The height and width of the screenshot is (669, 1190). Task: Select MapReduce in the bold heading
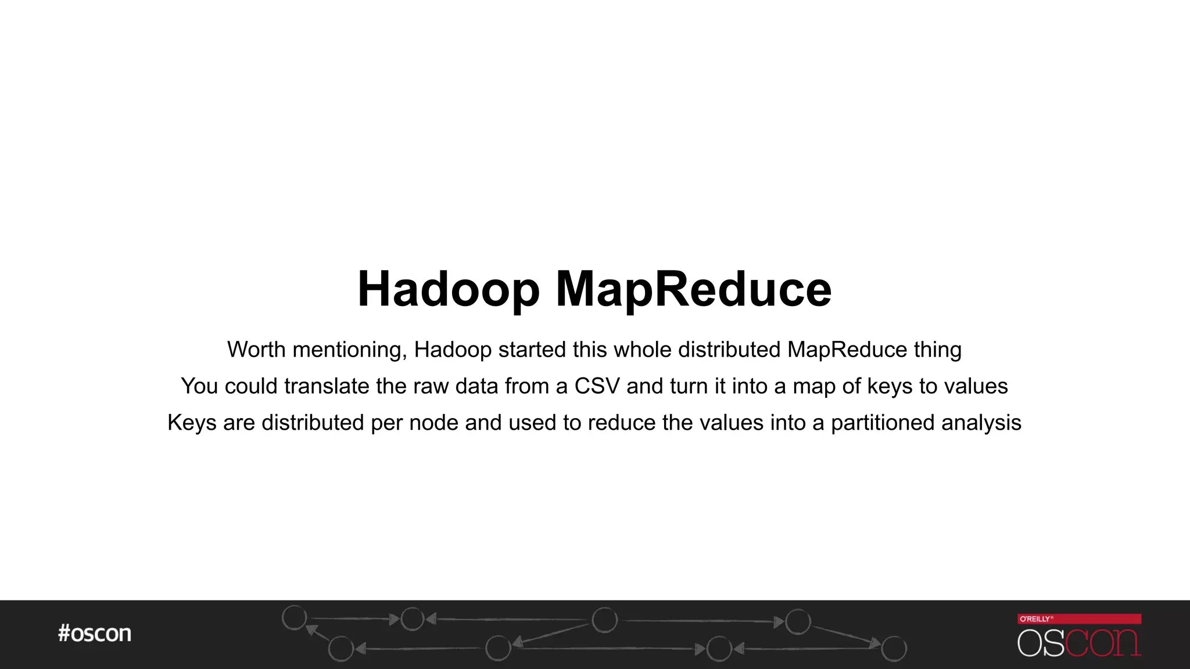[x=694, y=290]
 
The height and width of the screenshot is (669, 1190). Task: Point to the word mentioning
[x=349, y=350]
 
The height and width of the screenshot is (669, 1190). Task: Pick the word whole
[x=643, y=350]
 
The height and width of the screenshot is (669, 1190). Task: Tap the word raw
[x=431, y=386]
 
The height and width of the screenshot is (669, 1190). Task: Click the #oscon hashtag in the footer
[x=95, y=634]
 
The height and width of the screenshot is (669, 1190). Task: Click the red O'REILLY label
[x=1079, y=619]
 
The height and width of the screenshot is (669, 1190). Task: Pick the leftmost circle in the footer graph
[x=294, y=617]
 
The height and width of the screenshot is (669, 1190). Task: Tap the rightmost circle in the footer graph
[x=894, y=649]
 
